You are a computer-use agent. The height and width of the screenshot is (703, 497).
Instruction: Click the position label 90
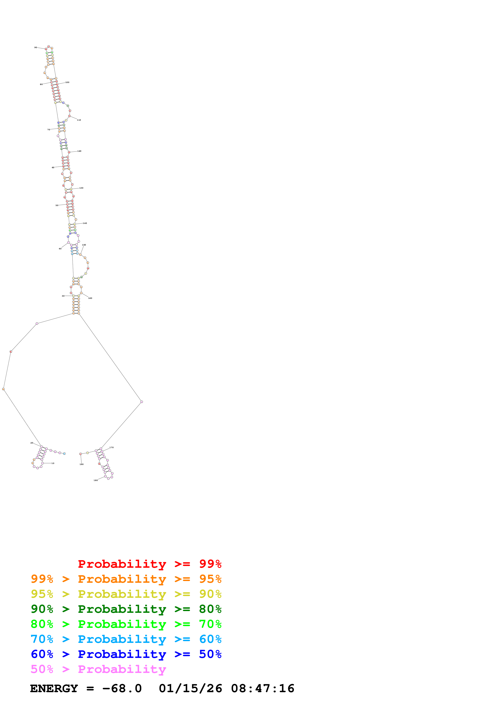[35, 47]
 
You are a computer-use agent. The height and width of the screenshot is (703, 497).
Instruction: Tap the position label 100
[67, 82]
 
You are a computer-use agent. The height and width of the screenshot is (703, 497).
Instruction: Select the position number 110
[79, 120]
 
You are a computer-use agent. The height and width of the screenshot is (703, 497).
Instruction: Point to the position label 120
[79, 151]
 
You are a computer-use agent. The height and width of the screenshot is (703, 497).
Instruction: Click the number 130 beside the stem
[81, 188]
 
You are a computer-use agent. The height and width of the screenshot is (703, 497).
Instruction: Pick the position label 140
[85, 223]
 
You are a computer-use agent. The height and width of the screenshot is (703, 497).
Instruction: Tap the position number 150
[84, 245]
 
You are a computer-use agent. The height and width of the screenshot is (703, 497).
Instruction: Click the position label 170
[111, 448]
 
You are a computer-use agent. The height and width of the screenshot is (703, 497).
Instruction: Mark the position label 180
[96, 480]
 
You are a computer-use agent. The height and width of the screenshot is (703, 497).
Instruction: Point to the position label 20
[31, 443]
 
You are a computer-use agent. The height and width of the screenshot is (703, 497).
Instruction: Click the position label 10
[53, 463]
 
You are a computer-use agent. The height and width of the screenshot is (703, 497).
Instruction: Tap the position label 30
[63, 296]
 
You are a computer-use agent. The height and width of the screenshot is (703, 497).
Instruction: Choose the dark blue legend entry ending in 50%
[126, 654]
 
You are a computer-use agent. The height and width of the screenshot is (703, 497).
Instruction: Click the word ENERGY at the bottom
[54, 689]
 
